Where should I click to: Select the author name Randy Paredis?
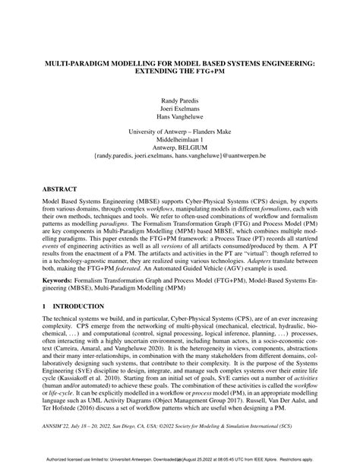click(180, 100)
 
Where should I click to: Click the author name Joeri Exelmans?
click(180, 109)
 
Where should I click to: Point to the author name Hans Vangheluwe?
click(180, 119)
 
